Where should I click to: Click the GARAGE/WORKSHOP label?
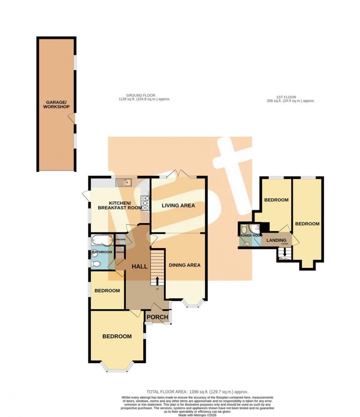56,104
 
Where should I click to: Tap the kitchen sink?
124,182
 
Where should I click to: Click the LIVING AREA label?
178,205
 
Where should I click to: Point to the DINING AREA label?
185,265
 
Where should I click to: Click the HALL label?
139,267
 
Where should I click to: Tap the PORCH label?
157,317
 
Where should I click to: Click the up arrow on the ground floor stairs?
157,281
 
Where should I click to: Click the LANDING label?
276,240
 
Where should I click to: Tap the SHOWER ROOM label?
250,236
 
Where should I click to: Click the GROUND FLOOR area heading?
141,97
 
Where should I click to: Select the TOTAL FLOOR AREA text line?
197,392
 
